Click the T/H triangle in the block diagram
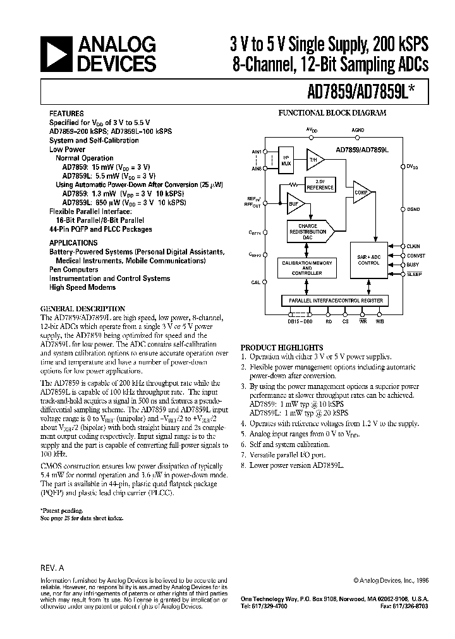[313, 160]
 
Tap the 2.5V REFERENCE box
[320, 185]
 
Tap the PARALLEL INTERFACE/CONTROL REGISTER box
[334, 301]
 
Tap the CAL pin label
[255, 282]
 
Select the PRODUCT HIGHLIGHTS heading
[282, 347]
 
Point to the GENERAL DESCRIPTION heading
[79, 309]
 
